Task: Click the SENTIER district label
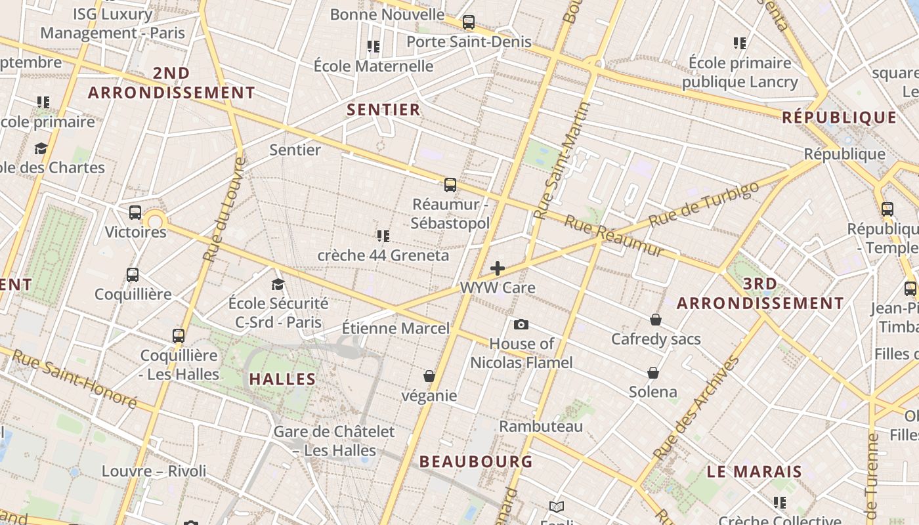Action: tap(383, 110)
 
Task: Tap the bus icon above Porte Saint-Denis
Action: tap(468, 22)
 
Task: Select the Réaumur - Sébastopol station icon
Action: tap(450, 185)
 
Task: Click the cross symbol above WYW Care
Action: tap(498, 268)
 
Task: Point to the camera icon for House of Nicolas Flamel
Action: tap(521, 324)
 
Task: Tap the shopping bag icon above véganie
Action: tap(429, 376)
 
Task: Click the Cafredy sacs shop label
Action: tap(656, 339)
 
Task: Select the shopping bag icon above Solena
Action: tap(653, 373)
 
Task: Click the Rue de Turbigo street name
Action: tap(704, 203)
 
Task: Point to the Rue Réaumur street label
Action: tap(614, 236)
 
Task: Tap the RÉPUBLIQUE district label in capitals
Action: tap(840, 118)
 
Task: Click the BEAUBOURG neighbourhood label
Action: tap(476, 461)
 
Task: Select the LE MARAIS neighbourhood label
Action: tap(754, 471)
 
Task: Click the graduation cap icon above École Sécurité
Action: tap(278, 284)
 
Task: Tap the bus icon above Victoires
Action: tap(135, 213)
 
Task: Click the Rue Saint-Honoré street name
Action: tap(75, 379)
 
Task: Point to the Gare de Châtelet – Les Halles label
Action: tap(334, 441)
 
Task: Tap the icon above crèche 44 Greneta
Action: tap(383, 236)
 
